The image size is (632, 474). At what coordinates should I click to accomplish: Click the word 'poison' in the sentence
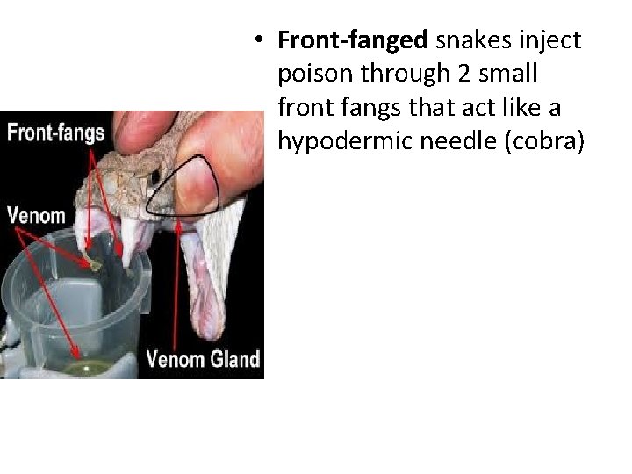pos(312,75)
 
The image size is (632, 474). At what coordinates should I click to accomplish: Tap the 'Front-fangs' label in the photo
pos(55,133)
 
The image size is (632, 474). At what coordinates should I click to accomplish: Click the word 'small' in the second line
pos(513,75)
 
